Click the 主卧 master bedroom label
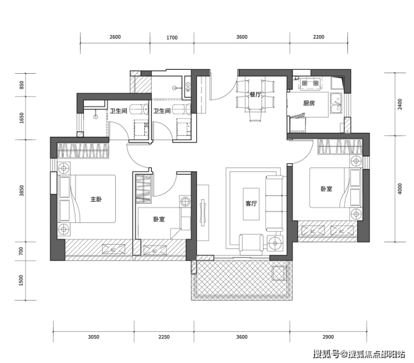point(96,199)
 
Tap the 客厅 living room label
point(251,203)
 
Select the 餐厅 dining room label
point(255,94)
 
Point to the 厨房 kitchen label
point(309,103)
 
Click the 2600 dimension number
point(115,37)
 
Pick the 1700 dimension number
point(172,38)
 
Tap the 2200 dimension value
point(319,37)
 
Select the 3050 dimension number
point(93,337)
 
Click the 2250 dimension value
point(164,337)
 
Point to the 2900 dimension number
point(328,337)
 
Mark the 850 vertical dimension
point(21,85)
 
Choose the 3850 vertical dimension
point(21,190)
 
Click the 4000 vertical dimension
point(400,189)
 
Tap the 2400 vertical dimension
point(400,104)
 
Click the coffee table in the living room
point(251,204)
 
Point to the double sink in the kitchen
point(336,103)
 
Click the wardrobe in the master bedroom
point(83,151)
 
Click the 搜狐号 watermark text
point(326,354)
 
